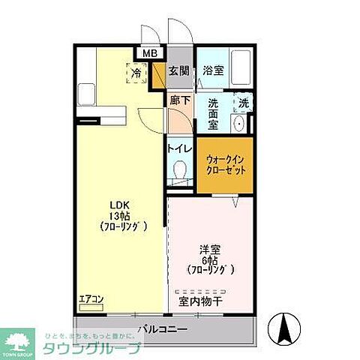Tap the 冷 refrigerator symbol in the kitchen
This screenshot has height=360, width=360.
point(137,73)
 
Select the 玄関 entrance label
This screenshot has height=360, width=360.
point(178,71)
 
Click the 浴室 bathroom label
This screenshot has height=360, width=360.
point(214,71)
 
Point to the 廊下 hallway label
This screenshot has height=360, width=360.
point(178,100)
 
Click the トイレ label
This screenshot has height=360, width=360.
point(178,148)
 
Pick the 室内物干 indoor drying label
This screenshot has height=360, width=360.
point(199,301)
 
